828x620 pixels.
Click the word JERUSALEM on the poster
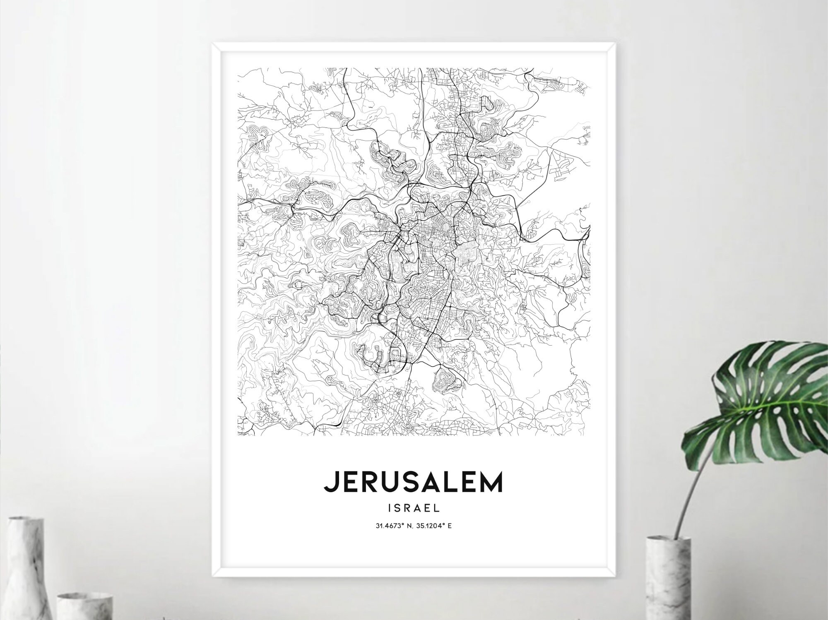pyautogui.click(x=413, y=482)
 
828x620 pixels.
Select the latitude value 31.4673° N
pyautogui.click(x=392, y=526)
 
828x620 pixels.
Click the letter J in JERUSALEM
pyautogui.click(x=330, y=482)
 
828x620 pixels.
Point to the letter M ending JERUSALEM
pyautogui.click(x=491, y=482)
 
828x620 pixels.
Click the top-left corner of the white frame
pyautogui.click(x=213, y=43)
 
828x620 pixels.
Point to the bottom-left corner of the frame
pyautogui.click(x=213, y=576)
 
